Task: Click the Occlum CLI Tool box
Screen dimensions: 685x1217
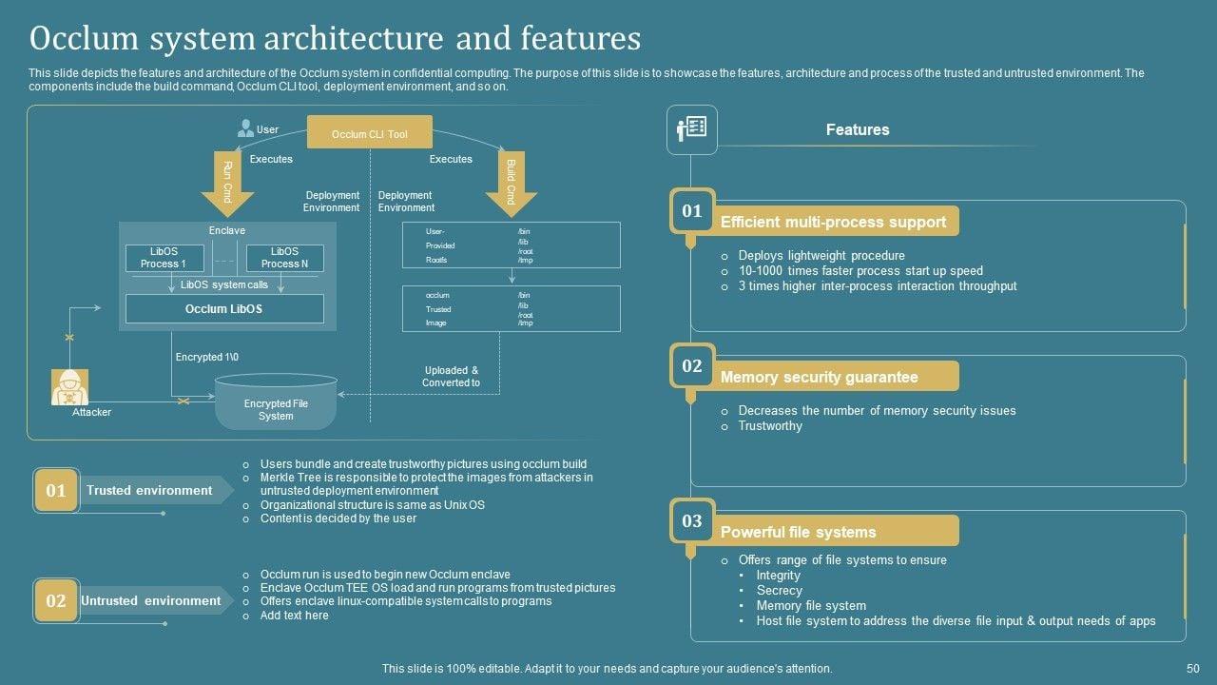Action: (x=369, y=133)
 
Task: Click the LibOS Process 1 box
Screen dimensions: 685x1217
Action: (x=164, y=258)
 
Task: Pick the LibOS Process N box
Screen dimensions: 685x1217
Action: (x=284, y=258)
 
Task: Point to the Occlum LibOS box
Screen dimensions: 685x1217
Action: (x=224, y=308)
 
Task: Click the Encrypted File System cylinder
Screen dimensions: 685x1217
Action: (x=276, y=403)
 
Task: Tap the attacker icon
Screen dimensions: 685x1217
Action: (x=69, y=386)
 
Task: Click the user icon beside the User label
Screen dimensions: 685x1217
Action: (x=245, y=128)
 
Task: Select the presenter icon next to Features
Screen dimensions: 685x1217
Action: (x=691, y=129)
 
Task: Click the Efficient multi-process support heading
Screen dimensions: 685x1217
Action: (x=833, y=222)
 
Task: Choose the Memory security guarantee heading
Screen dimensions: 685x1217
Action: (x=819, y=377)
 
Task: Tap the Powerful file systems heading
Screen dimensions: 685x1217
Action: (x=798, y=532)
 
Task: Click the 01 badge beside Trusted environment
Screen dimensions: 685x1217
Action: (x=56, y=490)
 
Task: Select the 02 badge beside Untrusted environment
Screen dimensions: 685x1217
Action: (x=56, y=600)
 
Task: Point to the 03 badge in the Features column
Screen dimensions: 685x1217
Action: (x=692, y=520)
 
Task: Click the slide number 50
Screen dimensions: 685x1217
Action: (x=1193, y=669)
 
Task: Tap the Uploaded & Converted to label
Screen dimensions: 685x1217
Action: (x=452, y=377)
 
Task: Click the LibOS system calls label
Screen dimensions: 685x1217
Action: (x=224, y=284)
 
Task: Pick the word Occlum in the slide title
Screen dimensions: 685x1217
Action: (x=81, y=38)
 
